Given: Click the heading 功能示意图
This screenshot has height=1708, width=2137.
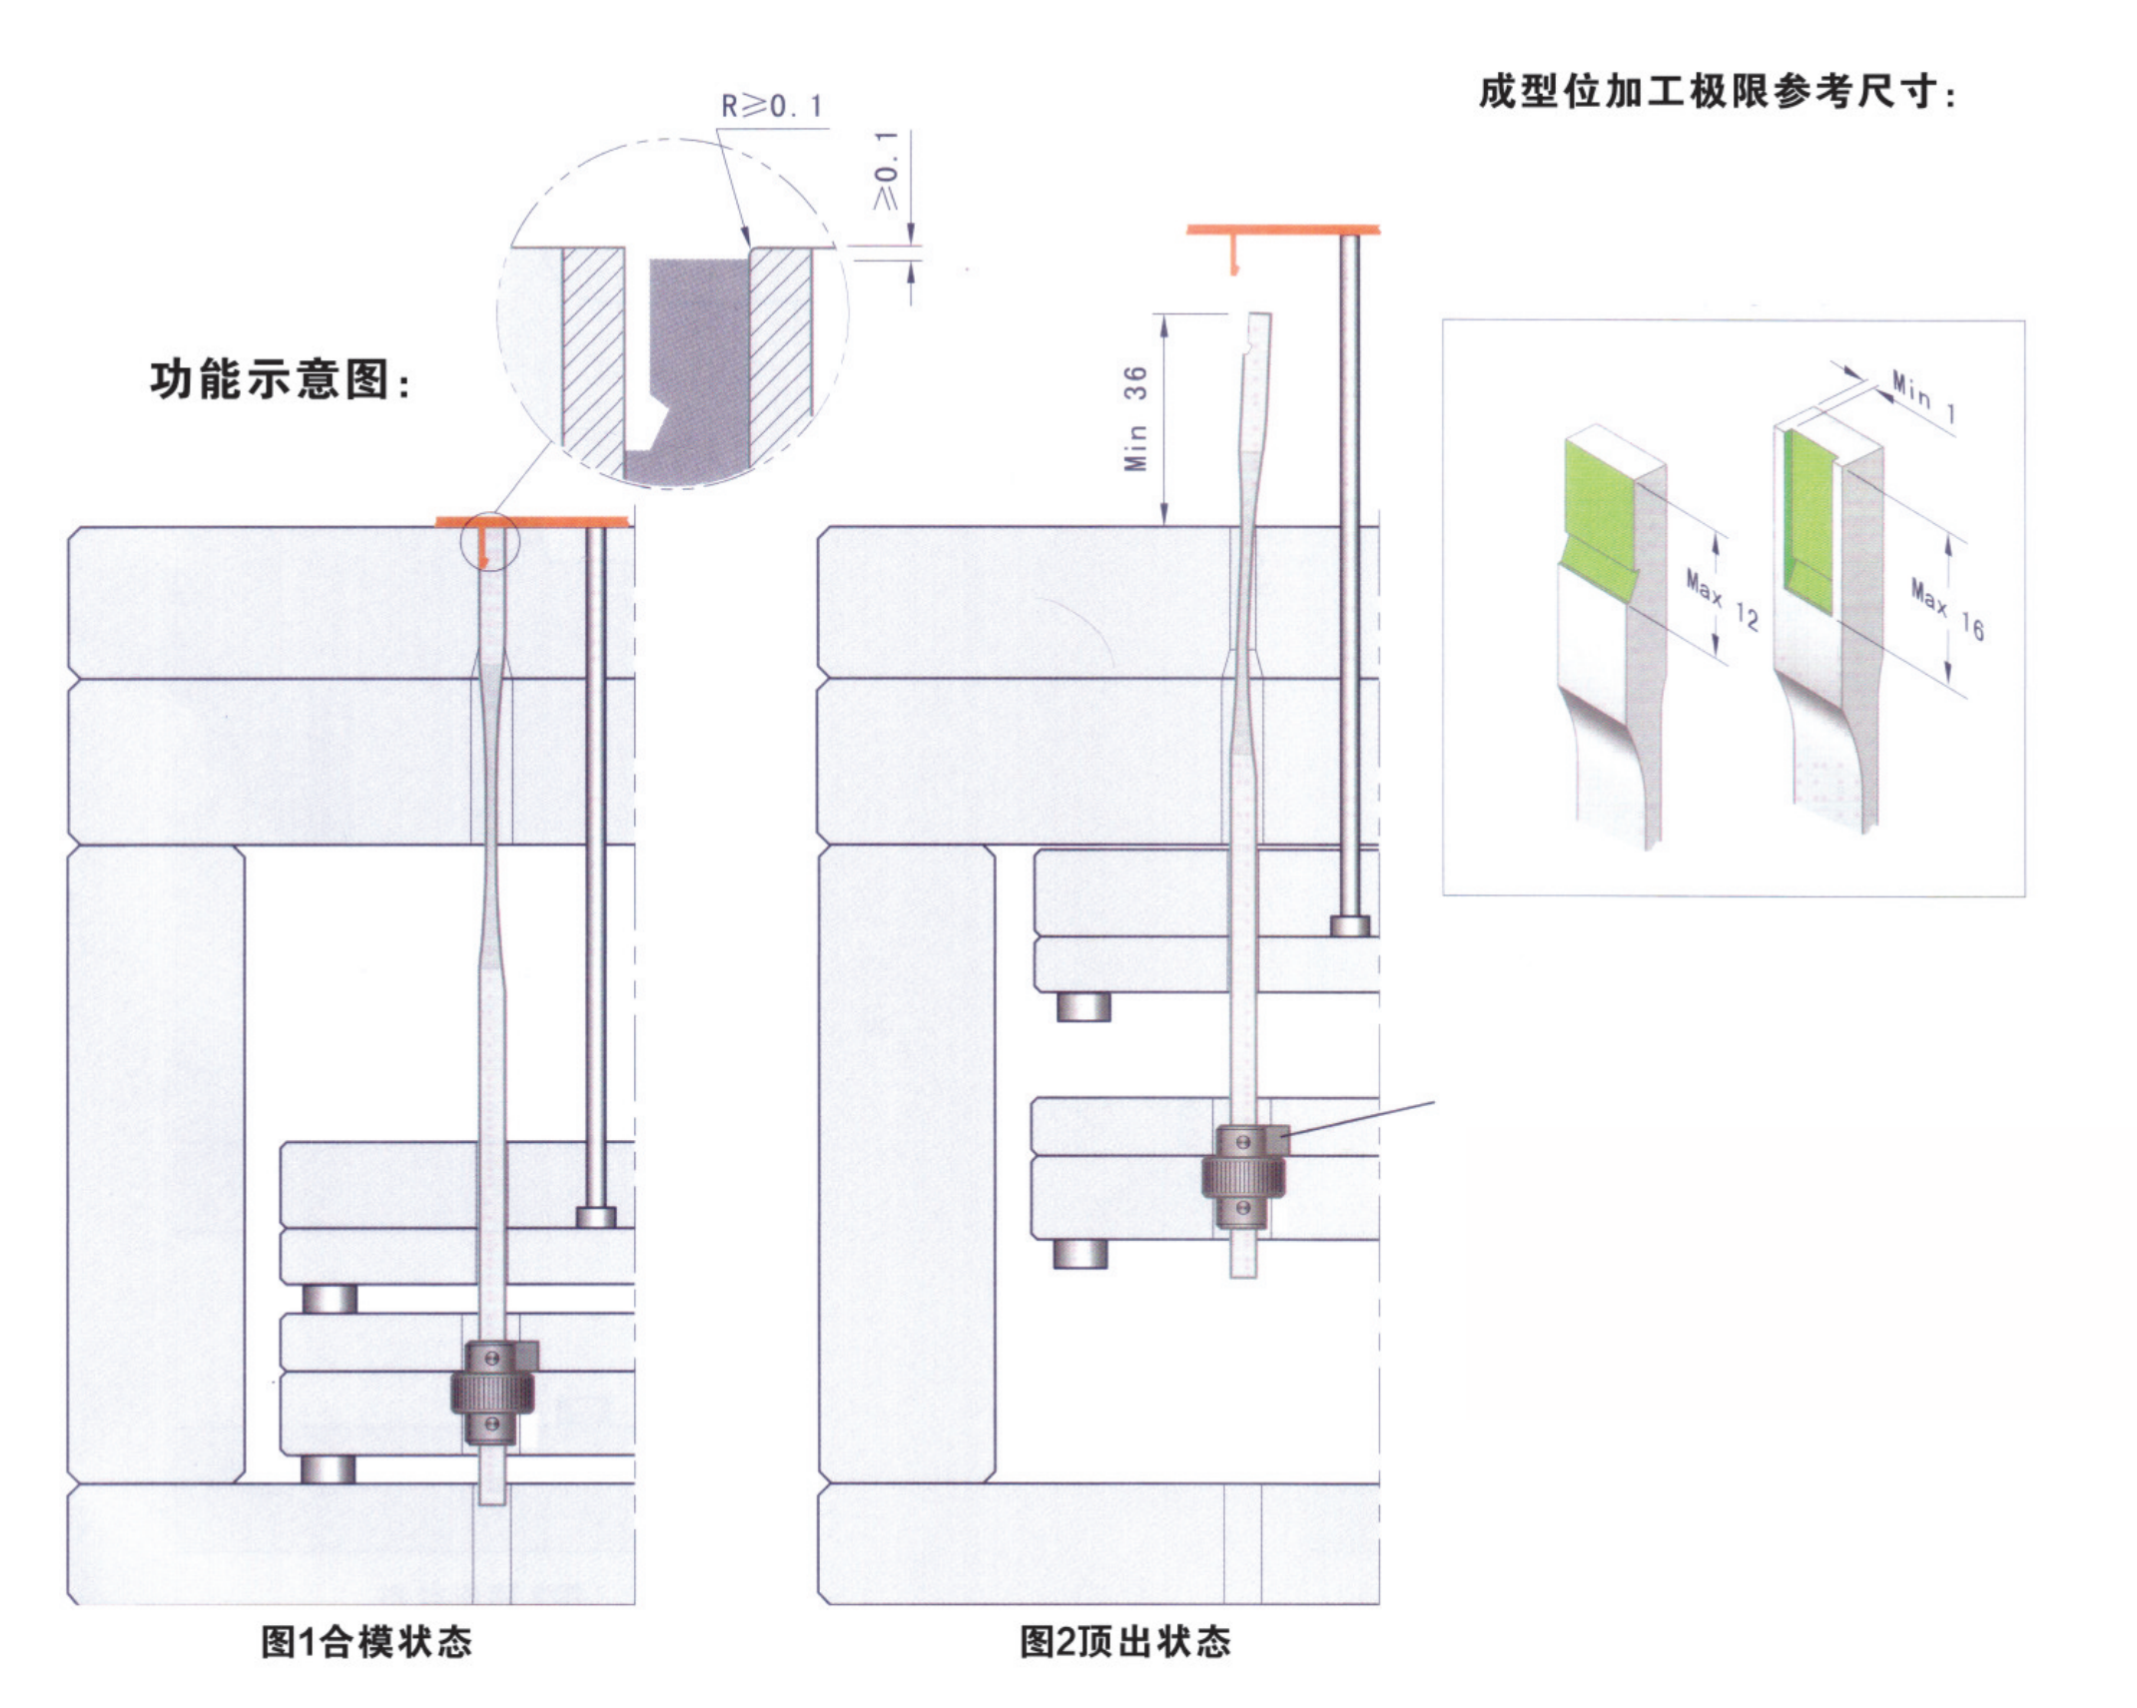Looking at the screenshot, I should click(x=280, y=380).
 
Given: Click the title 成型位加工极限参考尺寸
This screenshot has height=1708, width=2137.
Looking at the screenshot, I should click(x=1717, y=93).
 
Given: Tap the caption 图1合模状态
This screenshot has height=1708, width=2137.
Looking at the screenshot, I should click(x=366, y=1641).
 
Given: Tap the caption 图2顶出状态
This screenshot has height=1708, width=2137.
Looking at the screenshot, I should click(x=1124, y=1641).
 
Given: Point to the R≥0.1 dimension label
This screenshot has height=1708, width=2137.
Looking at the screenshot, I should click(x=772, y=106).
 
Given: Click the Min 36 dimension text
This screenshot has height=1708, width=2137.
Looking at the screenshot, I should click(x=1135, y=418).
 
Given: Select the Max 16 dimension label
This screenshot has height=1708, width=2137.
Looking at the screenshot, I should click(x=1946, y=610).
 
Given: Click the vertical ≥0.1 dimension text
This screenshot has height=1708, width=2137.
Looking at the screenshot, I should click(x=886, y=171).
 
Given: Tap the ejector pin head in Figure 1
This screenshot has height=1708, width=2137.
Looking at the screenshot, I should click(x=596, y=1217).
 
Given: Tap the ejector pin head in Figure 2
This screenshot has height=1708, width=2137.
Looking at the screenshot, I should click(x=1349, y=925).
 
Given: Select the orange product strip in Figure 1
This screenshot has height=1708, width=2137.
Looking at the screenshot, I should click(x=532, y=522).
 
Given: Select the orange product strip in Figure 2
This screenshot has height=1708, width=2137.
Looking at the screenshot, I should click(x=1282, y=230).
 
